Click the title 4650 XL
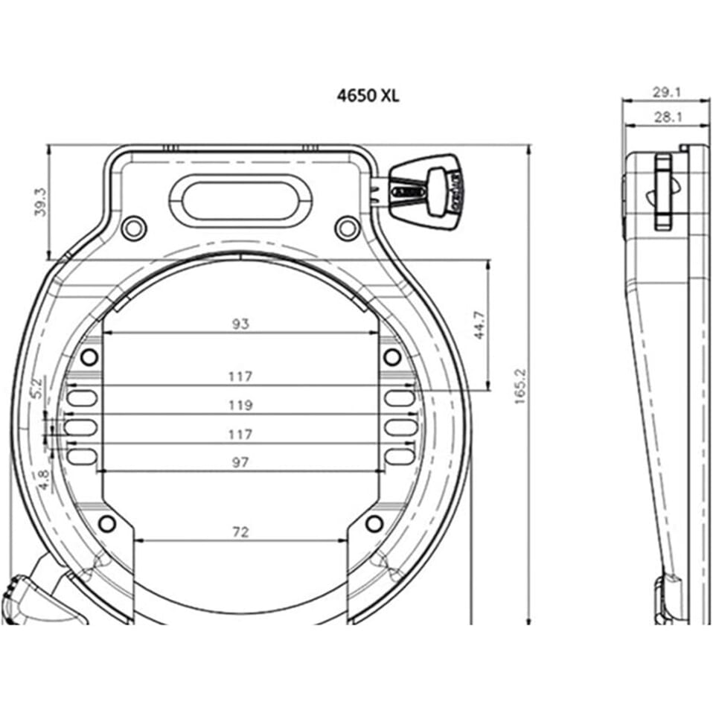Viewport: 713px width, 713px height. pos(368,96)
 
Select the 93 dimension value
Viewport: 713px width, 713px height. pos(240,323)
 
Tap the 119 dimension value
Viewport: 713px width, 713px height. pos(241,405)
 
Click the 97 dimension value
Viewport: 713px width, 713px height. pos(240,462)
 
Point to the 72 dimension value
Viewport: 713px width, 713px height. pos(240,531)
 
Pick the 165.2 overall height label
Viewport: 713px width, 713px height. pos(520,386)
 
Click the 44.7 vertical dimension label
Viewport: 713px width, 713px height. pos(480,324)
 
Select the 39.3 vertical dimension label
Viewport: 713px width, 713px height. pos(42,201)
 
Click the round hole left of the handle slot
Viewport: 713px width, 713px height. pos(132,227)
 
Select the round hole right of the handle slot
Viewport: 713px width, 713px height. pos(345,227)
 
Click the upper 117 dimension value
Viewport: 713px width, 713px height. pos(241,377)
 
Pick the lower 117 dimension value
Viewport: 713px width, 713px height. pos(241,433)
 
